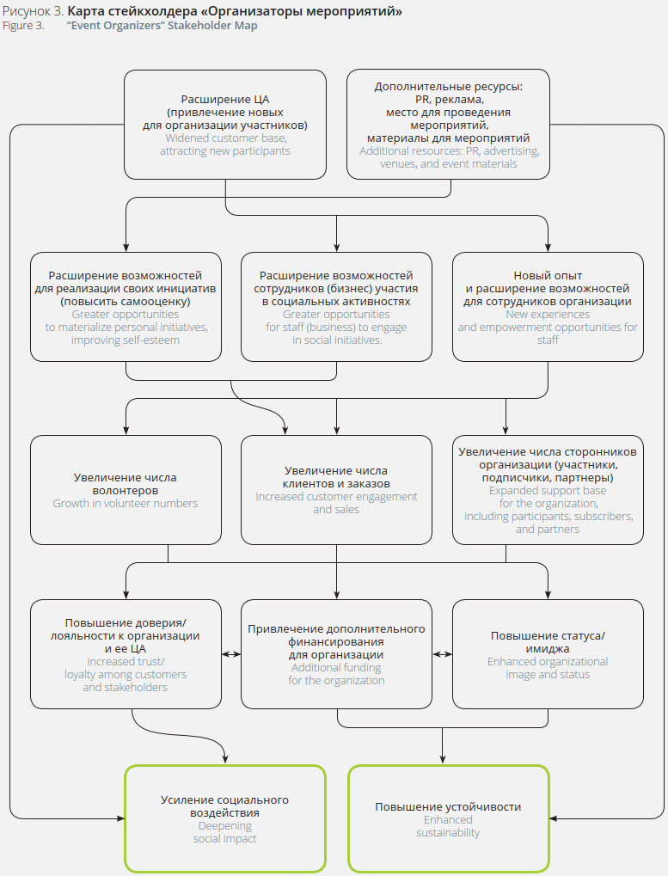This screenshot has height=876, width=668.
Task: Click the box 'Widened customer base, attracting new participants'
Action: (225, 125)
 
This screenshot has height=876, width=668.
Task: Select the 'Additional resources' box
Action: (448, 125)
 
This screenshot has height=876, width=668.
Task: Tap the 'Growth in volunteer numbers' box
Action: (126, 490)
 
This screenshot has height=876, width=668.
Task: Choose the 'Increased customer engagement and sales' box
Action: (336, 490)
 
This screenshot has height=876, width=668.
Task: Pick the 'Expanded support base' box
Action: (548, 490)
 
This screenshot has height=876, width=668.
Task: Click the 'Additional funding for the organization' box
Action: (336, 654)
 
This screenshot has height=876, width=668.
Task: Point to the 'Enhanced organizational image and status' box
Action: (548, 654)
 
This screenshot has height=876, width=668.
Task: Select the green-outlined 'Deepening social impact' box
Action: (225, 818)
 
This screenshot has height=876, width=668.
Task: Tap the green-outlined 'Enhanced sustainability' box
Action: (448, 818)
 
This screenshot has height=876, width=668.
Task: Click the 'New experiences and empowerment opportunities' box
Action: (548, 307)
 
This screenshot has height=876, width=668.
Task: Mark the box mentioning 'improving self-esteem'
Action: (126, 307)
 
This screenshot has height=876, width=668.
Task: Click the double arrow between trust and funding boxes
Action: (231, 654)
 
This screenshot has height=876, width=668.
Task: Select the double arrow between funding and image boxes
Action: (442, 654)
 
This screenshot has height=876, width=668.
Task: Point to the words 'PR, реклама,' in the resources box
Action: (448, 100)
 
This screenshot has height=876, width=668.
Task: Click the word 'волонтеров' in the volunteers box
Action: (126, 490)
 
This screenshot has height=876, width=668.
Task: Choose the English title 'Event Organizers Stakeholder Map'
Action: (162, 26)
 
